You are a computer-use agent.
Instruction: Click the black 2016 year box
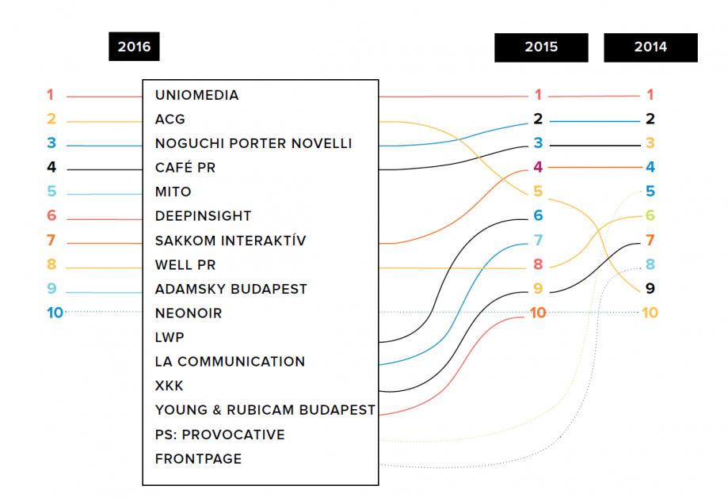134,47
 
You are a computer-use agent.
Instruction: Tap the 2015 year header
541,47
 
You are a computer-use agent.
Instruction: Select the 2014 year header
650,47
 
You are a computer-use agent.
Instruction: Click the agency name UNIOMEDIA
197,95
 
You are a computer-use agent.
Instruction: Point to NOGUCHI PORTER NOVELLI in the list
253,143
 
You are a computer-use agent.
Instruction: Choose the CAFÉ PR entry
185,167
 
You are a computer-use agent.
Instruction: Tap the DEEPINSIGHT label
203,216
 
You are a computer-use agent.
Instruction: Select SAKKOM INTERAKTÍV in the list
231,241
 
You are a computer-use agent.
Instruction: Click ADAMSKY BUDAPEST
231,289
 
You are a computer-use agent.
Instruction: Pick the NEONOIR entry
189,313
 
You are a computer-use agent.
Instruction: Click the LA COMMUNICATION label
230,362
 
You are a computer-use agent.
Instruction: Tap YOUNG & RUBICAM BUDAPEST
265,410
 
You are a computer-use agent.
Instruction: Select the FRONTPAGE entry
198,459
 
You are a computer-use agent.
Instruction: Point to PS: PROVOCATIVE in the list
219,435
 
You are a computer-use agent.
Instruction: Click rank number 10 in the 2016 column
55,313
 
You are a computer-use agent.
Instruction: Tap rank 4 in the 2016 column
51,167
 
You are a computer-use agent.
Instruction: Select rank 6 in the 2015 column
538,215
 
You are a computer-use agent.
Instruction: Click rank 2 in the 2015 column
538,119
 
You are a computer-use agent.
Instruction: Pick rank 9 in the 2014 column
650,288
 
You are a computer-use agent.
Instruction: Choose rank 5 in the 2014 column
650,191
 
